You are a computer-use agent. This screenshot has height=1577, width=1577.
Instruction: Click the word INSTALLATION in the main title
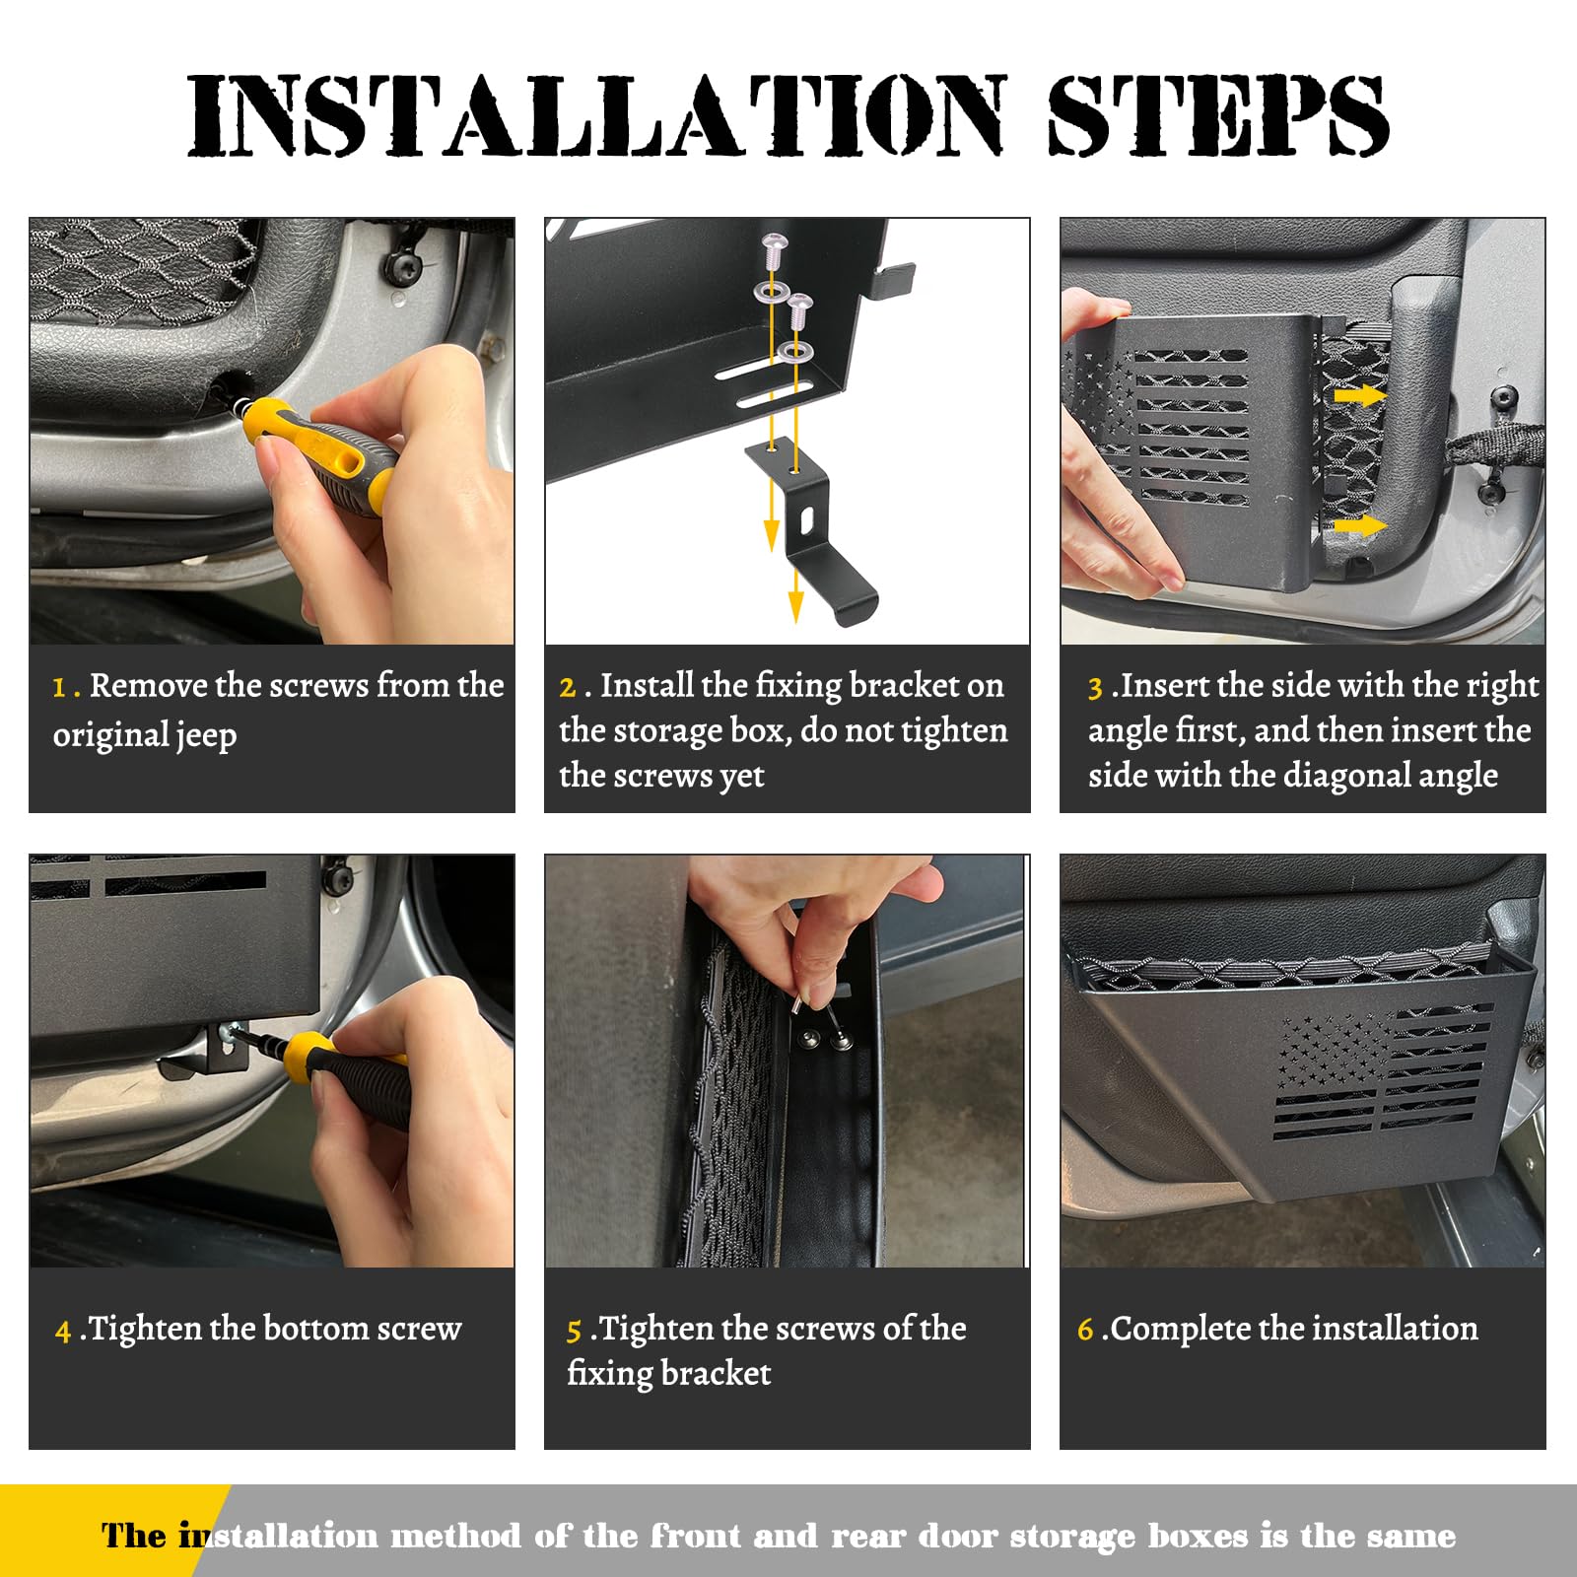596,115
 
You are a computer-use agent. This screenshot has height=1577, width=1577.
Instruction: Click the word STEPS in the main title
1217,115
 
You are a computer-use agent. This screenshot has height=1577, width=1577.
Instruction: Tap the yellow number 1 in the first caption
60,687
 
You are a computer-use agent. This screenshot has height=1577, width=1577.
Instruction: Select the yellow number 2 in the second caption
567,687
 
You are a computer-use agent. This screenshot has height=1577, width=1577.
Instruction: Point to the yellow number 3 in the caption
1094,687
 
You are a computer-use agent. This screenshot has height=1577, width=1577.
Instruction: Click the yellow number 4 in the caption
63,1332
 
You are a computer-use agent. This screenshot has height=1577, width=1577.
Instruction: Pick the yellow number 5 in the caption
574,1332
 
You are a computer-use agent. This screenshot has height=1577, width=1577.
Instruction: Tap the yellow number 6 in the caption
1085,1330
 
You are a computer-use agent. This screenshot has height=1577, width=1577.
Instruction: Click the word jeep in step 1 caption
206,736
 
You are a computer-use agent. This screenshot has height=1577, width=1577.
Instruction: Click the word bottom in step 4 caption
316,1329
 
